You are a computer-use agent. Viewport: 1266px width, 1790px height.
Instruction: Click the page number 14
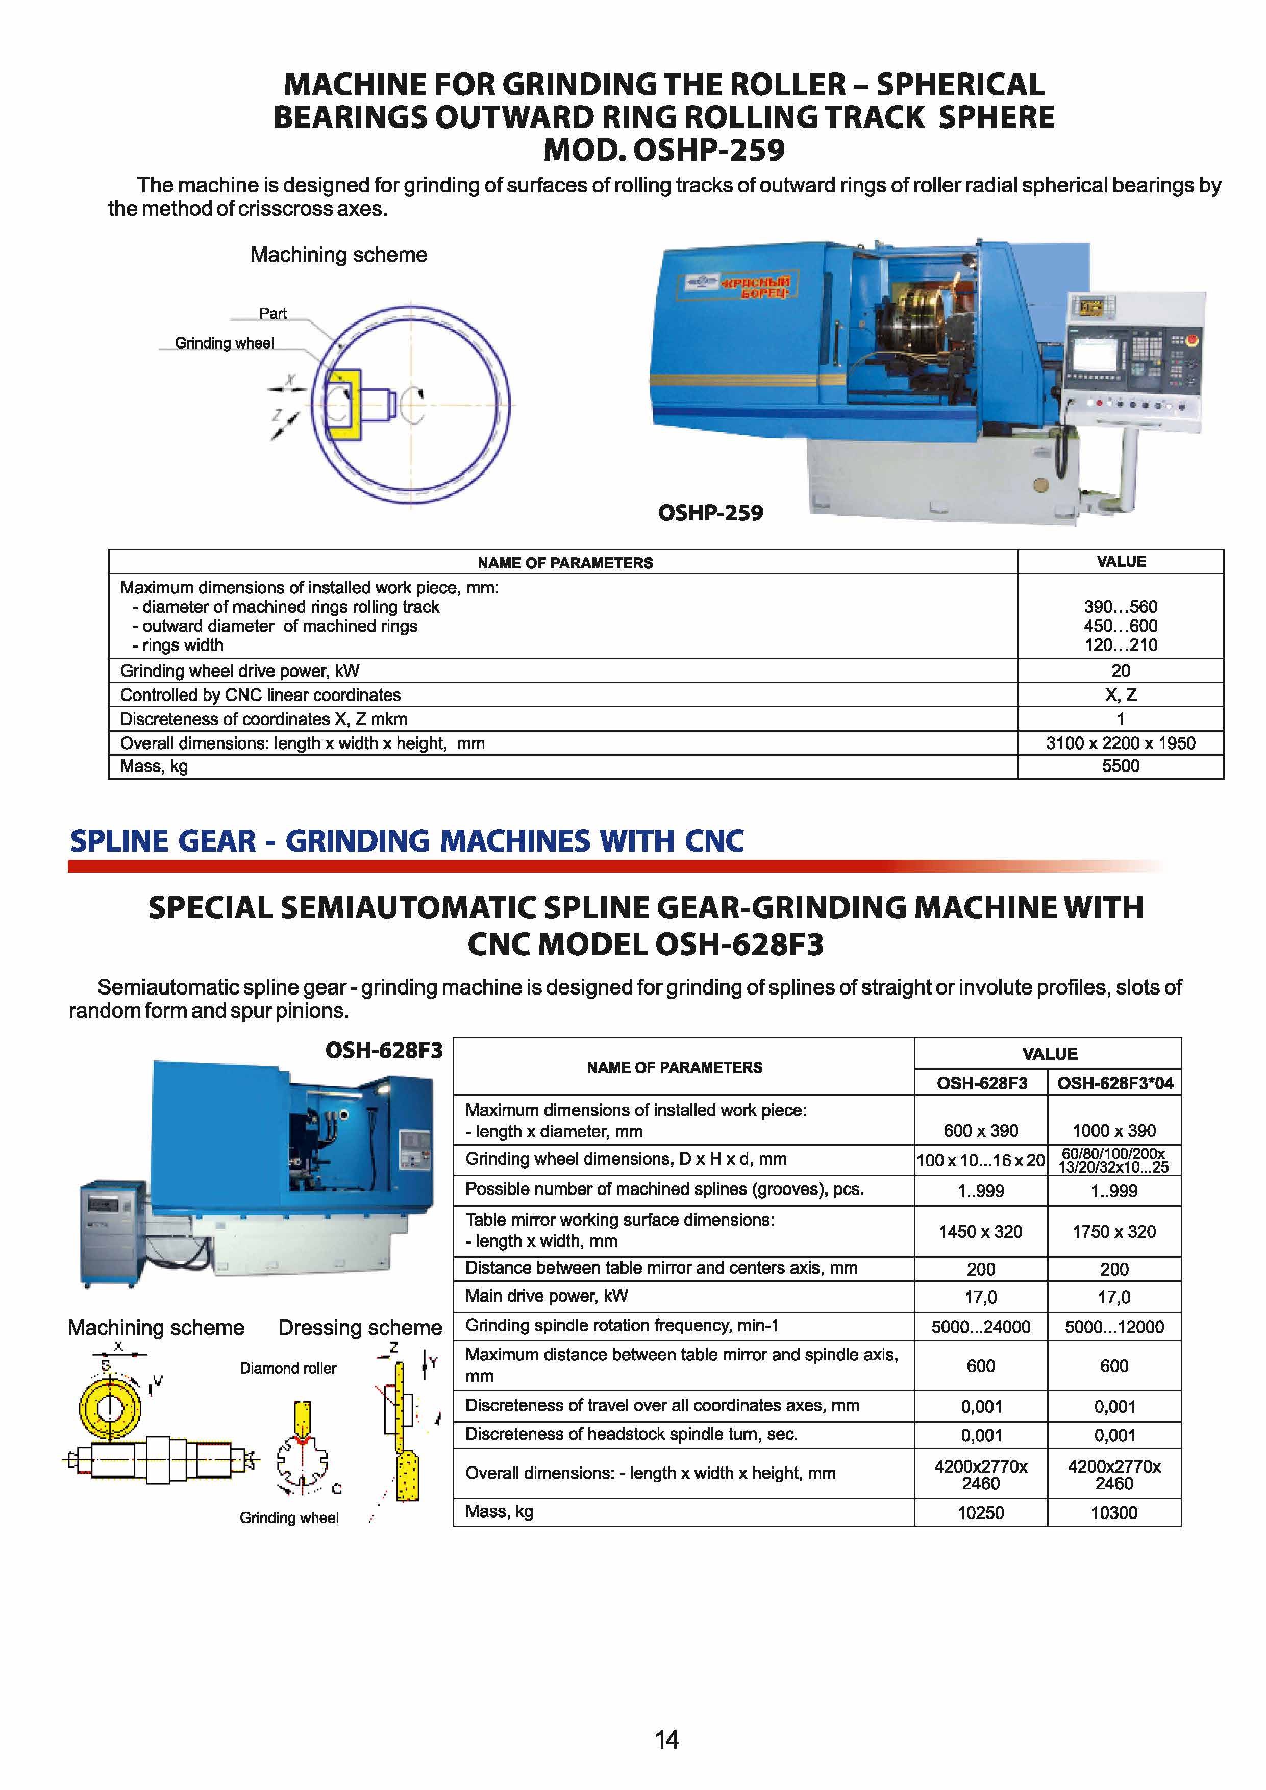pyautogui.click(x=666, y=1739)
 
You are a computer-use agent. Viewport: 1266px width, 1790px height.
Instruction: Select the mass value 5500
pyautogui.click(x=1120, y=766)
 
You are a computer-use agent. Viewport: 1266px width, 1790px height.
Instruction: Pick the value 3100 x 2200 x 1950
pyautogui.click(x=1120, y=743)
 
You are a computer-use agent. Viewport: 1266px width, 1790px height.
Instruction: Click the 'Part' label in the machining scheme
pyautogui.click(x=273, y=313)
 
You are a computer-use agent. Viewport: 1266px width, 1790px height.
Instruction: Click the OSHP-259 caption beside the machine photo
pyautogui.click(x=710, y=513)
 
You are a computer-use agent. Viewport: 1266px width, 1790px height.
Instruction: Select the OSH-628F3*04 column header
pyautogui.click(x=1115, y=1083)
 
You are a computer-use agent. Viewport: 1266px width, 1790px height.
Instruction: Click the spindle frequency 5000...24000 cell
pyautogui.click(x=981, y=1327)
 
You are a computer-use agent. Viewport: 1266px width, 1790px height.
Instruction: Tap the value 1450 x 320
pyautogui.click(x=981, y=1232)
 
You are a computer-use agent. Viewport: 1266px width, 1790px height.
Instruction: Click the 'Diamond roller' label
pyautogui.click(x=288, y=1368)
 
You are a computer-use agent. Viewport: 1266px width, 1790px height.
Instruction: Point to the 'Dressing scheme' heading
pyautogui.click(x=360, y=1328)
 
